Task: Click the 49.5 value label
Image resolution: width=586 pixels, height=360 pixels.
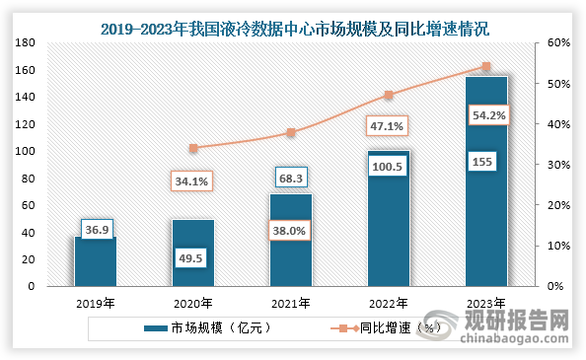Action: point(193,257)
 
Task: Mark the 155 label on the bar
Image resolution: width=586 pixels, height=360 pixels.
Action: point(485,162)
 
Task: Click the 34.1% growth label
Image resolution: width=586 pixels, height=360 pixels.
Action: point(193,181)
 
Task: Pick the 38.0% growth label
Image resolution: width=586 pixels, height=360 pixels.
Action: point(291,232)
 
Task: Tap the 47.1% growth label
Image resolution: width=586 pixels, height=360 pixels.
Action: point(388,126)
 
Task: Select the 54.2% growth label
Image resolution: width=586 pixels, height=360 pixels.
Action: point(485,114)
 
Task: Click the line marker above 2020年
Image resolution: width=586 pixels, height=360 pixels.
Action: point(193,148)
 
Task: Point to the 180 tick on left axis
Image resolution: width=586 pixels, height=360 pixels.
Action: point(26,43)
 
